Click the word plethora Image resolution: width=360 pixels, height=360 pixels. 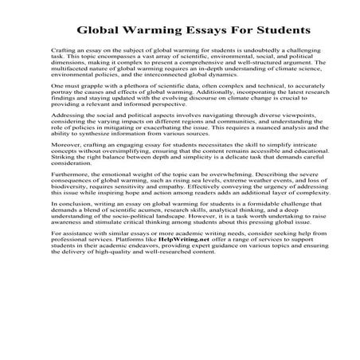point(111,84)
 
